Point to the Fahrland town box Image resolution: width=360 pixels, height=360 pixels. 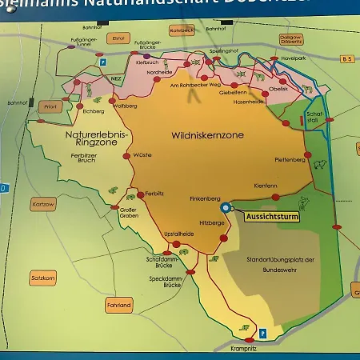tap(118, 305)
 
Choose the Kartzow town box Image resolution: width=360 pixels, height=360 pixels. tap(42, 204)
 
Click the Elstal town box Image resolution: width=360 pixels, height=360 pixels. tap(120, 37)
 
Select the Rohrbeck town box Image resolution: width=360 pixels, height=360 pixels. tap(182, 30)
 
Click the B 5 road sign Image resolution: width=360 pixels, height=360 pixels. tap(346, 59)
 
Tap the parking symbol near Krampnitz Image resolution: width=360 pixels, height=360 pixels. tap(262, 332)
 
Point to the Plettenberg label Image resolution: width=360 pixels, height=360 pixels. tap(290, 159)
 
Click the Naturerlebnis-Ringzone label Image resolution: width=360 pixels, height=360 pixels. tap(86, 141)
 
